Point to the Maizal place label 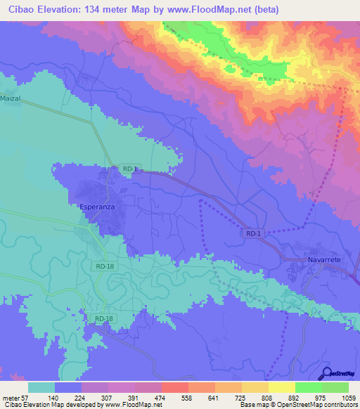point(12,99)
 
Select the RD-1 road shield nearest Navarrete point(255,233)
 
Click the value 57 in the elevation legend point(27,397)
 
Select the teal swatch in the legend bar point(41,387)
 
